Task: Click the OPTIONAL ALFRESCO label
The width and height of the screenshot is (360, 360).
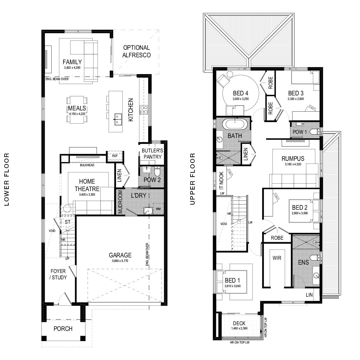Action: tap(136, 51)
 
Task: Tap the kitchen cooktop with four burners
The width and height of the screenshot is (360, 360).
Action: tap(143, 110)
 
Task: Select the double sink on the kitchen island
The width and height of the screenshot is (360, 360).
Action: tap(117, 119)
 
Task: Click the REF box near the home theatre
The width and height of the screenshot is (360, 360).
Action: tap(115, 156)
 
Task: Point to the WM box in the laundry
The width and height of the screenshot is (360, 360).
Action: tap(158, 208)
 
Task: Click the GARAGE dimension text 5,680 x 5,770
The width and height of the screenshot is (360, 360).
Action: tap(120, 261)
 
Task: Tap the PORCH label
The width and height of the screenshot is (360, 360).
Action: tap(63, 328)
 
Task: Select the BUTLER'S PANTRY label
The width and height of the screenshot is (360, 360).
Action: tap(152, 154)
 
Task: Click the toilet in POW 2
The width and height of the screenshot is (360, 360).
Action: tap(157, 172)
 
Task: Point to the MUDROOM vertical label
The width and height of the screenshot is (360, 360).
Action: tap(120, 202)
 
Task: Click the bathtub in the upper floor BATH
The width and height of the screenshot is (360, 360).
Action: tap(235, 124)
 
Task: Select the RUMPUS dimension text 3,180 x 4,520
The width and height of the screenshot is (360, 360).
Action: tap(293, 164)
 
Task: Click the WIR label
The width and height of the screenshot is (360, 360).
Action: tap(277, 258)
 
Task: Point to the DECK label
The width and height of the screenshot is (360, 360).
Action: tap(239, 323)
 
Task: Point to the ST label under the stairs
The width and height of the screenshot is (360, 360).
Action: tap(67, 222)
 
